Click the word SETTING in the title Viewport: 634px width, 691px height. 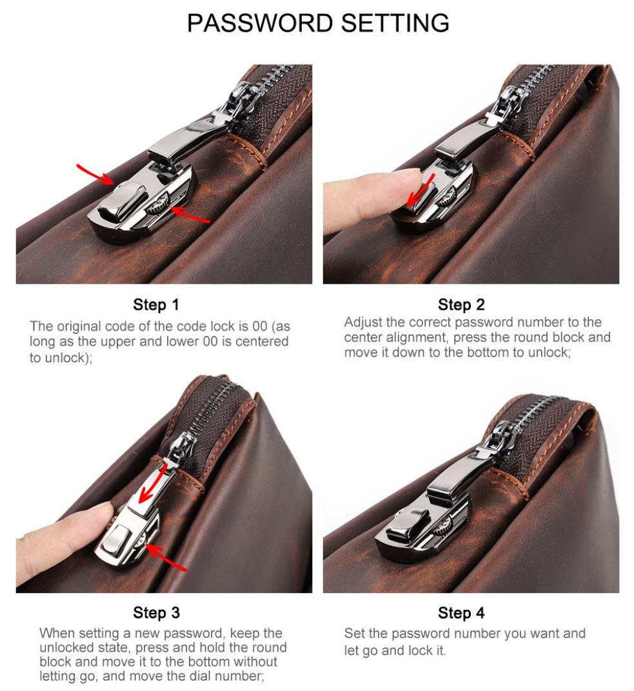click(x=395, y=23)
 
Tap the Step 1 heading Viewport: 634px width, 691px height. click(x=156, y=304)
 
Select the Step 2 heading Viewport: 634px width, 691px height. click(x=461, y=304)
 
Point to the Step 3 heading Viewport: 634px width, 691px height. click(x=157, y=612)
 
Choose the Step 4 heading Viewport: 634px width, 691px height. click(x=461, y=612)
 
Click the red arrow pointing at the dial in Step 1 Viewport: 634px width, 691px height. click(x=190, y=215)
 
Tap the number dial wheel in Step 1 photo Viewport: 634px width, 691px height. click(x=157, y=204)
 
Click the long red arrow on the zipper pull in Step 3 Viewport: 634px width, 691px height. click(x=153, y=485)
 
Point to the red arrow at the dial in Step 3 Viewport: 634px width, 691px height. click(x=166, y=558)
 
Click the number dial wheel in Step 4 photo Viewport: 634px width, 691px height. click(x=443, y=527)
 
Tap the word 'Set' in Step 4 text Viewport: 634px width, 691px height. click(x=354, y=633)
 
